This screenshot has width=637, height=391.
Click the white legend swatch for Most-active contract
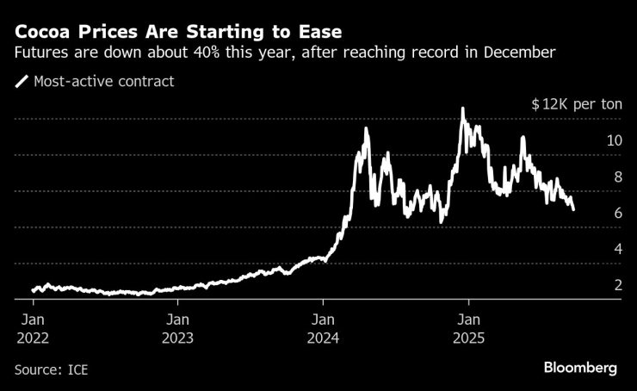click(x=22, y=82)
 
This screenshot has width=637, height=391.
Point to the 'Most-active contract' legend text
click(x=103, y=82)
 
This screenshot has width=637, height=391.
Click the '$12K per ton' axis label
click(x=576, y=104)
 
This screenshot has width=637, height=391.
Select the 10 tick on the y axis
click(x=614, y=140)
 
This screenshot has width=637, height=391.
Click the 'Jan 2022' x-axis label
click(x=32, y=327)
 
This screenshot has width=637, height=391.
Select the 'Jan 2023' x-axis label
click(x=177, y=327)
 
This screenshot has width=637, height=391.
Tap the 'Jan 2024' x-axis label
click(x=323, y=327)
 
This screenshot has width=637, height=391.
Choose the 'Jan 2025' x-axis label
click(x=467, y=327)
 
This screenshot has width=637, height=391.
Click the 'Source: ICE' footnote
click(x=52, y=369)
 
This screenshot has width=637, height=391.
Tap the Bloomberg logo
click(x=580, y=368)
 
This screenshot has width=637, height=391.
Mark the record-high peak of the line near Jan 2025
click(x=463, y=109)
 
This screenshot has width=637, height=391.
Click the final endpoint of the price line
click(x=573, y=208)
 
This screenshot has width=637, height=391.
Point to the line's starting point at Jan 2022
click(x=33, y=290)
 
